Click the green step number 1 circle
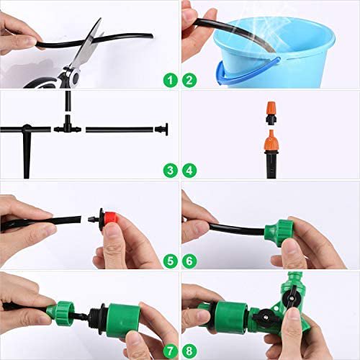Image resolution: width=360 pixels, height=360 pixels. click(x=171, y=80)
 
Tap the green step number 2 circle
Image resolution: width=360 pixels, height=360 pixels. click(x=189, y=80)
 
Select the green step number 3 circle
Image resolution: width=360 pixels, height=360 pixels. click(x=171, y=171)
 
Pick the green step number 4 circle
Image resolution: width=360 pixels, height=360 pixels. click(x=189, y=171)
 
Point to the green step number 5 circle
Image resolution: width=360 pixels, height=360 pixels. click(x=171, y=261)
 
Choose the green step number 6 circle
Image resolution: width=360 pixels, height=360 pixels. click(x=189, y=261)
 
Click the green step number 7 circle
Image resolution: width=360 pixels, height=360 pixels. click(x=171, y=351)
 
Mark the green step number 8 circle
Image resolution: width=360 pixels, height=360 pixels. click(x=189, y=351)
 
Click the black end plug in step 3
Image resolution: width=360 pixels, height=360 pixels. click(x=161, y=130)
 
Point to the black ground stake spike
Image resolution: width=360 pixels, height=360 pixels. click(x=27, y=153)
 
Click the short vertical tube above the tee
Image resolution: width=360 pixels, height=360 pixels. click(x=68, y=101)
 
